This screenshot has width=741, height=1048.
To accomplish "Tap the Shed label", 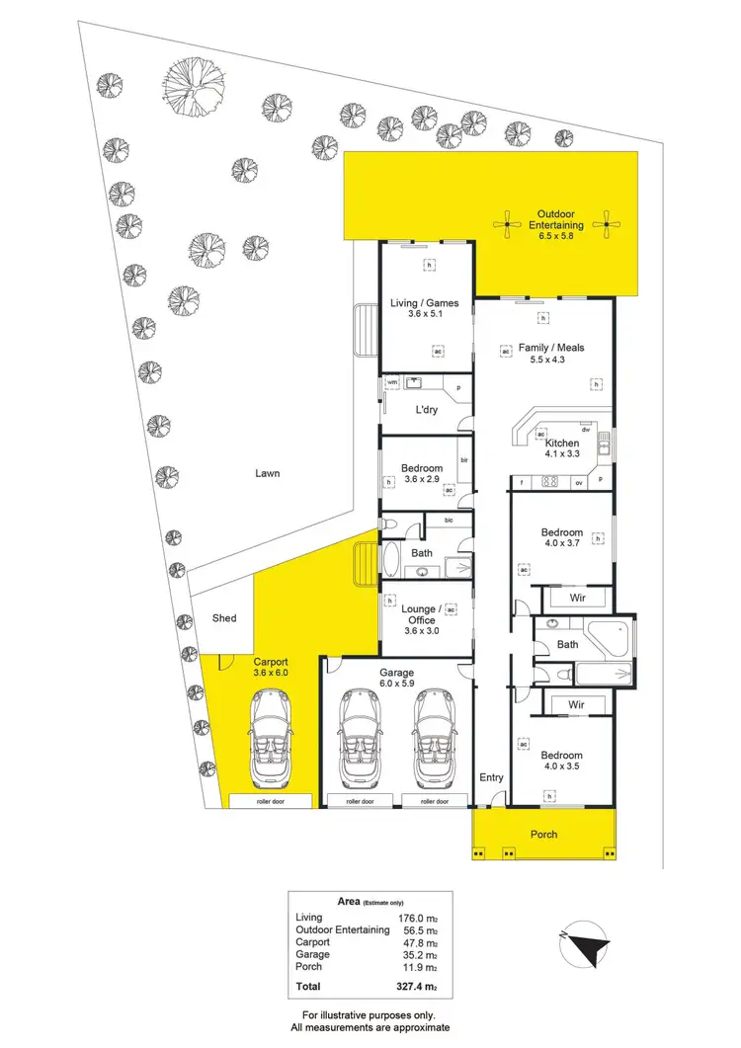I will point(224,618).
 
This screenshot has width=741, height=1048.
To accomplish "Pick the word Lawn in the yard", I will point(267,473).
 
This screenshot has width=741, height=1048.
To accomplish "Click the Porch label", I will point(543,834).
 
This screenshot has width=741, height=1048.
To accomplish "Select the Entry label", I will point(491,777).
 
